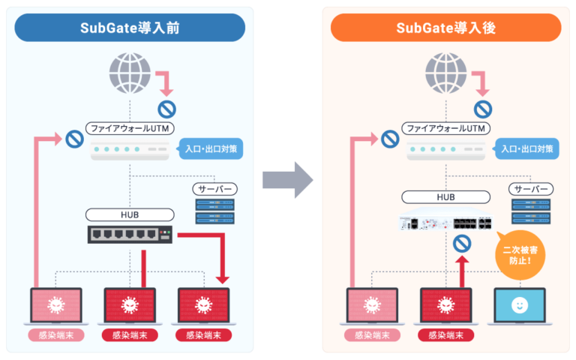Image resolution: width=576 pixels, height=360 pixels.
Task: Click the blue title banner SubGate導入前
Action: pos(130,28)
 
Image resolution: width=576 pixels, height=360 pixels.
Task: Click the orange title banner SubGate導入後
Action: pos(445,28)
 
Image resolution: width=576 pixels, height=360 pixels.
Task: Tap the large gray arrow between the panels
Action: pos(288,179)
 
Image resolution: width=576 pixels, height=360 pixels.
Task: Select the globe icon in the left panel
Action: pos(130,72)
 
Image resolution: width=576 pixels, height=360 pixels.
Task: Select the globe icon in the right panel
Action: pos(445,72)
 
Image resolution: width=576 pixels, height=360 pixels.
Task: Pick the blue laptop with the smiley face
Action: pos(518,306)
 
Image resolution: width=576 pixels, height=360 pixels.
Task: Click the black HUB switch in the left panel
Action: pos(130,235)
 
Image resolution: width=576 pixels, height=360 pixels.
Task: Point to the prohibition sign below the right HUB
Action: pos(463,244)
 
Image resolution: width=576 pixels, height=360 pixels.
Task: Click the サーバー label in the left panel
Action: pos(216,189)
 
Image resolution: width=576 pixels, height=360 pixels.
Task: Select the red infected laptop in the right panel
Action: pos(445,306)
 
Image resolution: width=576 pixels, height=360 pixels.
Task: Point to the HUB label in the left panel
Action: pos(130,215)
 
